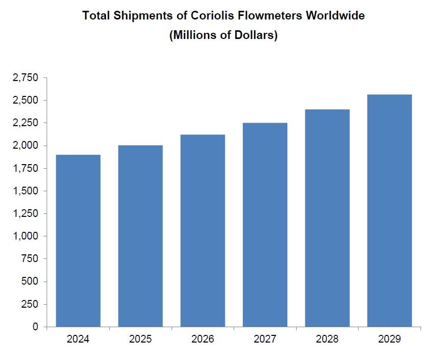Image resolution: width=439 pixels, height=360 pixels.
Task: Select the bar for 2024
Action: point(78,241)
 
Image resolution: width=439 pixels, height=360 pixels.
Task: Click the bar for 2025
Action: point(140,236)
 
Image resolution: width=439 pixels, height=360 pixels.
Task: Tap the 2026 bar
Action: point(202,231)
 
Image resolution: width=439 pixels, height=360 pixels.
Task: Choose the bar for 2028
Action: point(327,218)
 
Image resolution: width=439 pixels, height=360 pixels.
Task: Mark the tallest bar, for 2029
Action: point(389,210)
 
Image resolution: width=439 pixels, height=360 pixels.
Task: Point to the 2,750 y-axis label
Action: point(25,78)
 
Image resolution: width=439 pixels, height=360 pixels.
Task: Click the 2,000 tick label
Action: point(25,146)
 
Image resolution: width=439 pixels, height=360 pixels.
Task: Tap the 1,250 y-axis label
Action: point(25,213)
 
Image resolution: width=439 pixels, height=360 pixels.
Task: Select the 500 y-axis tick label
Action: point(29,282)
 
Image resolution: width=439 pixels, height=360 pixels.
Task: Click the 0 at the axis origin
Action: point(35,327)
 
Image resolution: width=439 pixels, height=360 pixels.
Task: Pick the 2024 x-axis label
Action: point(78,339)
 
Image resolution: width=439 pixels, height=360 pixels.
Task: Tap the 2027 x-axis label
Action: point(265,339)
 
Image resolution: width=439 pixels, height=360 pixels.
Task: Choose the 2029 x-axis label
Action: point(389,339)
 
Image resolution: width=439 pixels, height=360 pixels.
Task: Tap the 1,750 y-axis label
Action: point(25,168)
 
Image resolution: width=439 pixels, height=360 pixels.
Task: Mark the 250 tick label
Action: point(29,304)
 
